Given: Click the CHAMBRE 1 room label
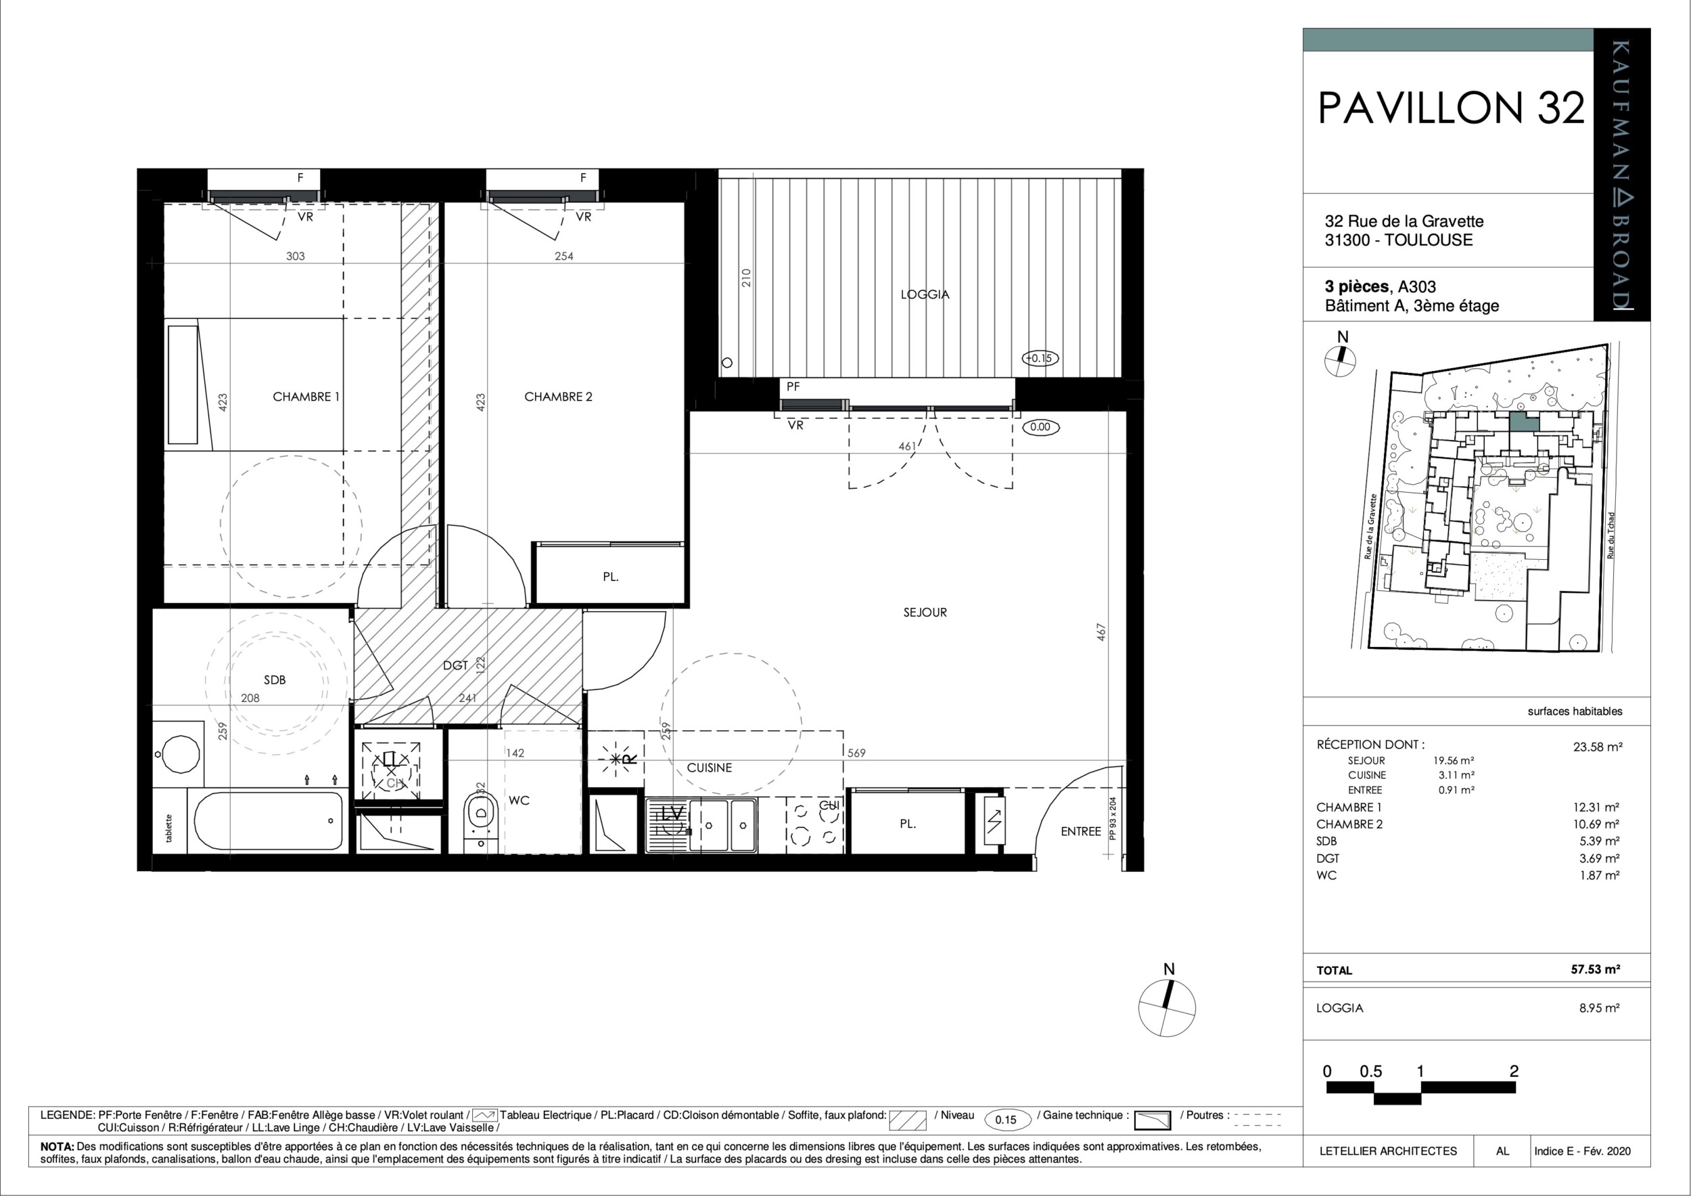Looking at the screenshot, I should pos(306,397).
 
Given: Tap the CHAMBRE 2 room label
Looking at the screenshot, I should pos(557,397).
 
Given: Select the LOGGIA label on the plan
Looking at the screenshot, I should pos(925,294).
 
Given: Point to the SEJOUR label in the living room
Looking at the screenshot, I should pos(925,613).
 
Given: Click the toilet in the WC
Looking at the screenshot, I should pos(481,817).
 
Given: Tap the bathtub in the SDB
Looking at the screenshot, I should pos(269,821).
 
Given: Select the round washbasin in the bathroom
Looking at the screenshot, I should pos(180,754).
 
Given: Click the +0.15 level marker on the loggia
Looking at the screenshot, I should pos(1039,358).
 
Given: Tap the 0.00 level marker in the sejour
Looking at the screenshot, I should pos(1040,426).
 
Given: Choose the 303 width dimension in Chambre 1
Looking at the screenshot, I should pos(296,257).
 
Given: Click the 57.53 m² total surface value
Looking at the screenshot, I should pos(1594,970).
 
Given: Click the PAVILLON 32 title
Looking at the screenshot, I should pos(1450,108).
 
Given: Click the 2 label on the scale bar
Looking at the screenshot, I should pos(1514,1071).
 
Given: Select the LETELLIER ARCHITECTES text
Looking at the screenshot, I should pos(1387,1150).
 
